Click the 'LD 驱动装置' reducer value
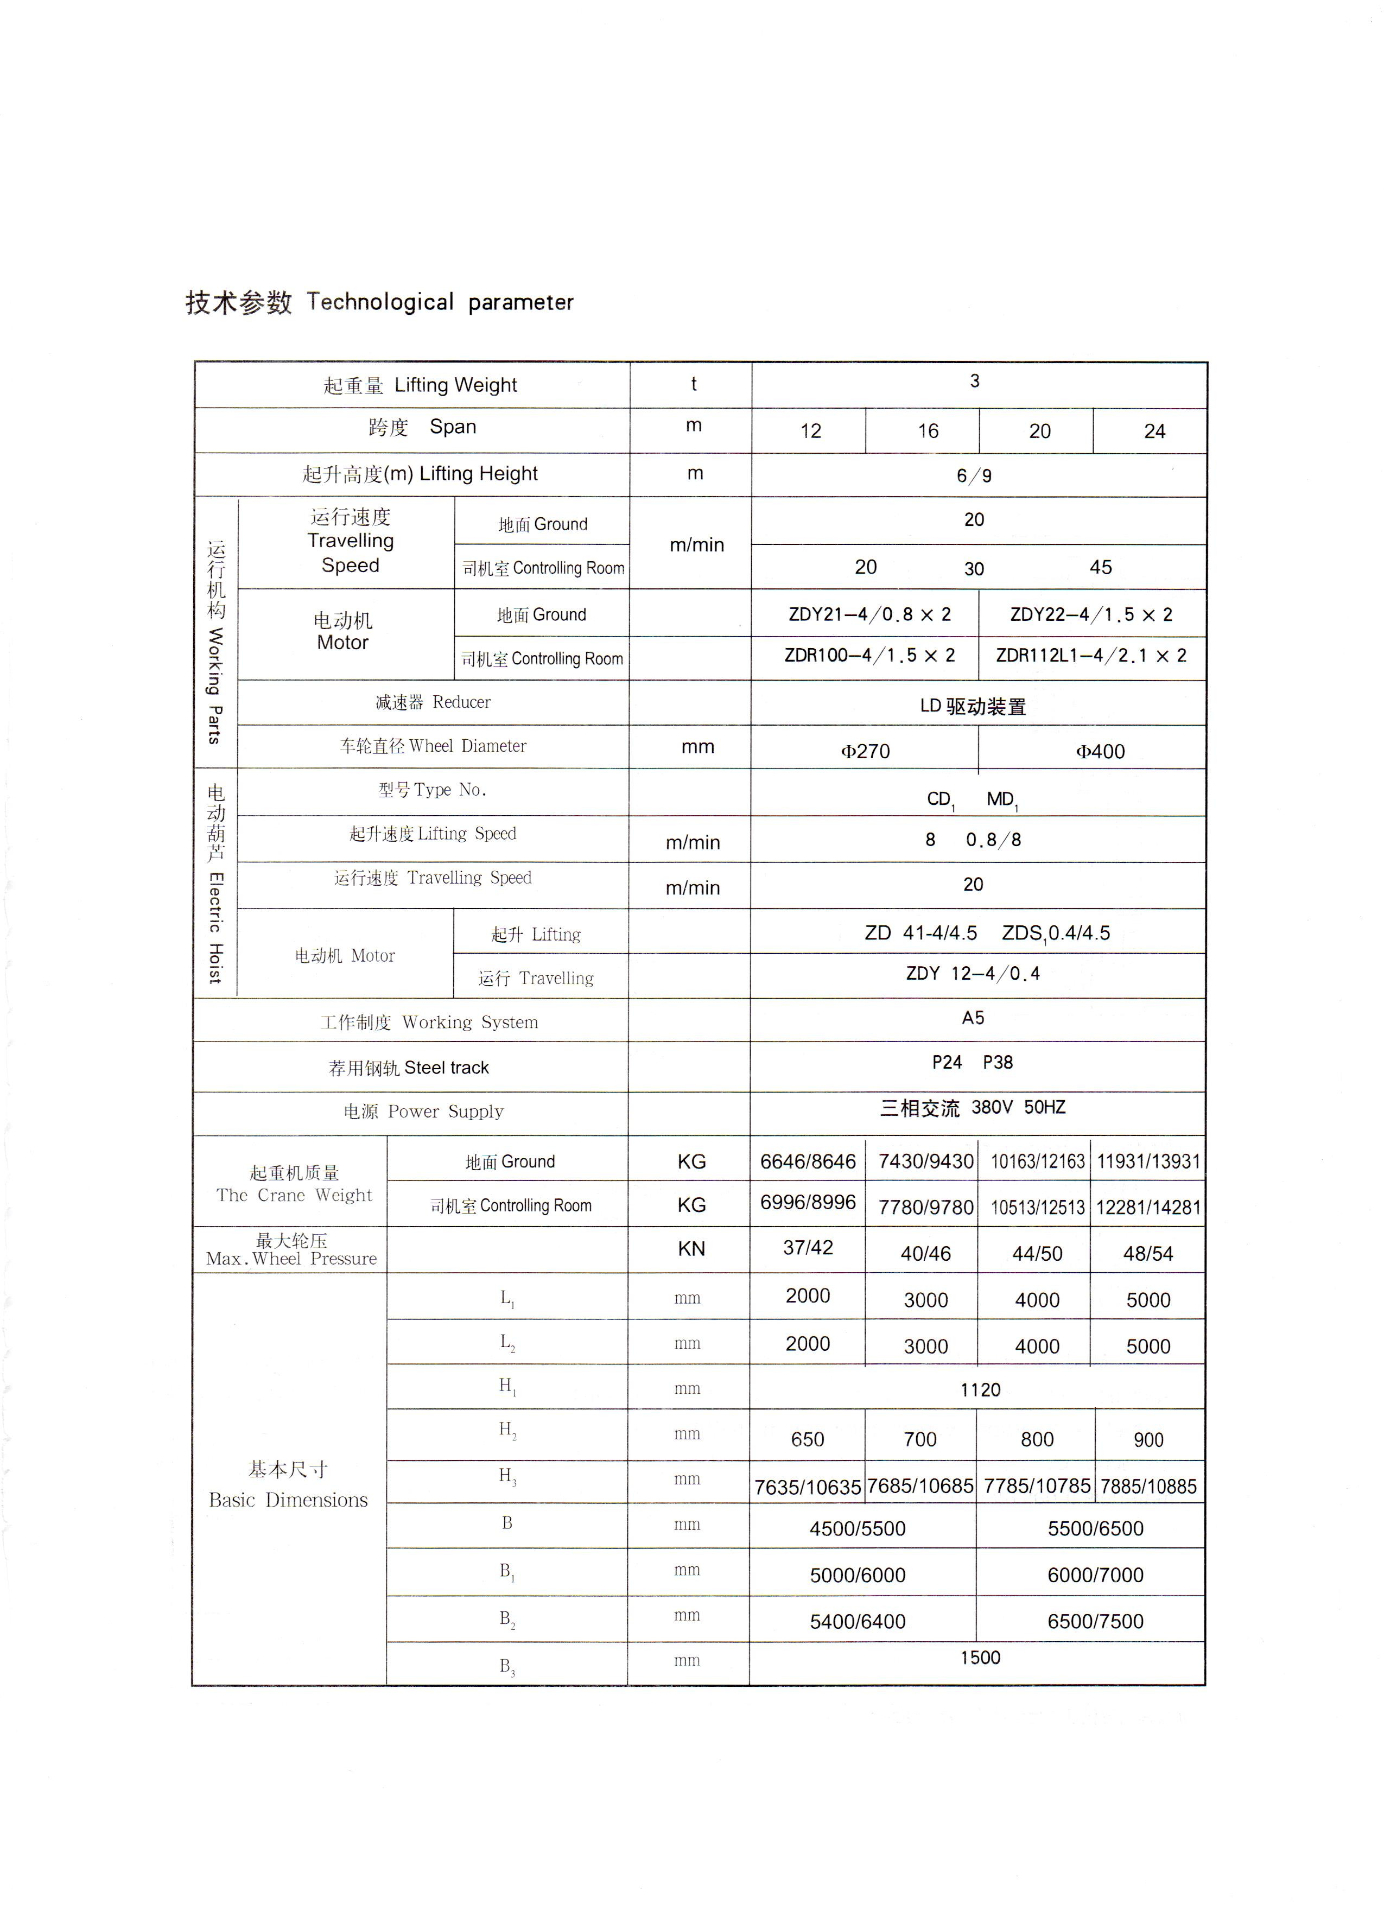pos(973,707)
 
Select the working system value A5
pos(973,1018)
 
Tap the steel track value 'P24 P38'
pos(973,1063)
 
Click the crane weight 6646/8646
pos(808,1161)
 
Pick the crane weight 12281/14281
pos(1148,1208)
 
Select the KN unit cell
pos(691,1249)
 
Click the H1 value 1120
pos(980,1390)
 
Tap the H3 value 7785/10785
pos(1037,1487)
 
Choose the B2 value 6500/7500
pos(1095,1622)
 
